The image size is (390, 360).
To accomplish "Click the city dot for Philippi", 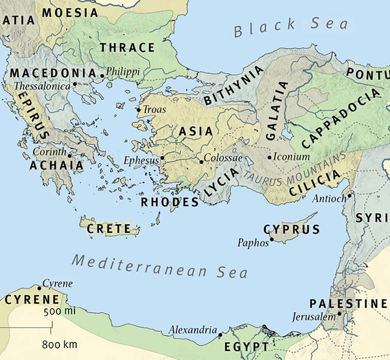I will point(102,76).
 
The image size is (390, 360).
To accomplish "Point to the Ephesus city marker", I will point(162,158).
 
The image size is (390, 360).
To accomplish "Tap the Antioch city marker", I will point(349,194).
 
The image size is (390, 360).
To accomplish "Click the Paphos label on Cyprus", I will point(253,243).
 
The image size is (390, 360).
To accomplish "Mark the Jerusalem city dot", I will point(340,313).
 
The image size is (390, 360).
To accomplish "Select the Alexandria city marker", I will point(220,334).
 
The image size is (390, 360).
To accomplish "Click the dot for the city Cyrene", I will point(40,288).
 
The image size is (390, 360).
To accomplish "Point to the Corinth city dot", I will point(65,152).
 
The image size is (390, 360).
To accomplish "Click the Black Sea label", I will point(291,26).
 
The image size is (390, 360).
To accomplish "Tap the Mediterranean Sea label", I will point(159,266).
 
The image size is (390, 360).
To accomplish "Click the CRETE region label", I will point(109,229).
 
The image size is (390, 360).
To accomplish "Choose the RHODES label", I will point(170,202).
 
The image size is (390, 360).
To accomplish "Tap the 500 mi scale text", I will point(59,313).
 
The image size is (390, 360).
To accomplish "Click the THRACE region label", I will point(127,47).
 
